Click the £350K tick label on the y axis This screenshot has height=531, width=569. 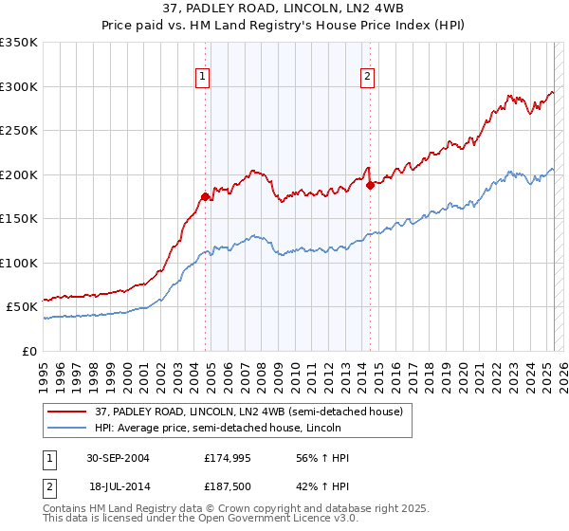[19, 43]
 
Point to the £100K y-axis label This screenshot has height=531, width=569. [19, 263]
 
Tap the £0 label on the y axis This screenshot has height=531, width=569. [28, 351]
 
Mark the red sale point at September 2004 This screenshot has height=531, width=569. [205, 197]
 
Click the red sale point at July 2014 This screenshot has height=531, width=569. [370, 186]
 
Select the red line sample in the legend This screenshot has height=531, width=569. [67, 412]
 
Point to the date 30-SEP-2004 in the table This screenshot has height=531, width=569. [119, 458]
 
